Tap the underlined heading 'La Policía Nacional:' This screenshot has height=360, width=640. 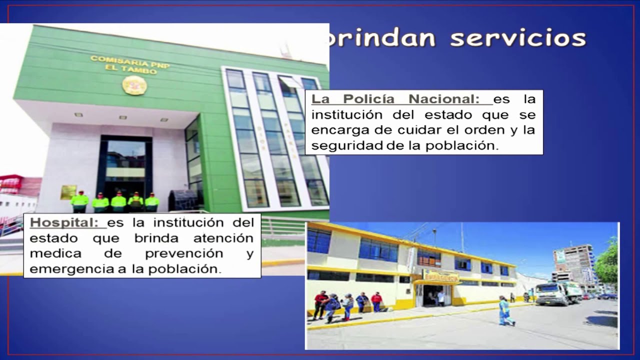(395, 99)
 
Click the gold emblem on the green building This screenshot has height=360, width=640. (134, 85)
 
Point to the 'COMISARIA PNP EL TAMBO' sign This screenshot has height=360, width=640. (130, 64)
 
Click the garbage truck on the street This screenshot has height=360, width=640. (557, 293)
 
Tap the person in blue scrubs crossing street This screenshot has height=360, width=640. (505, 311)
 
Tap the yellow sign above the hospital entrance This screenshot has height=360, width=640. (440, 276)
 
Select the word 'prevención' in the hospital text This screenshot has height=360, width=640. (183, 253)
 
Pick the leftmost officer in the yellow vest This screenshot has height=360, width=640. (79, 202)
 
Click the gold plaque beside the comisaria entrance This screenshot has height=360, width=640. (68, 192)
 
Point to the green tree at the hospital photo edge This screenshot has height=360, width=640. (608, 262)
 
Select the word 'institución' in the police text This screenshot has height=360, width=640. (348, 114)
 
